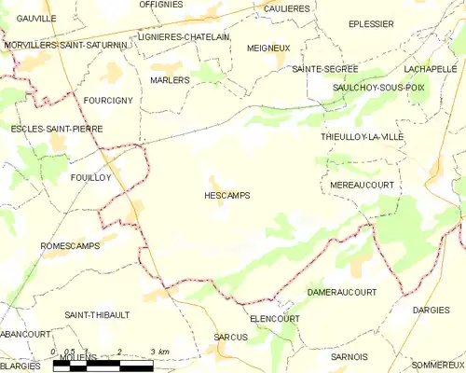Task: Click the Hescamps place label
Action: coord(226,196)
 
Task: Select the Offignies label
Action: coord(160,5)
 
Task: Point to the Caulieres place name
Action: coord(286,8)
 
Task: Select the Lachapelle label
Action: coord(430,69)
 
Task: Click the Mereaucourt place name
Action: coord(363,186)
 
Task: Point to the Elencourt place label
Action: coord(276,318)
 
